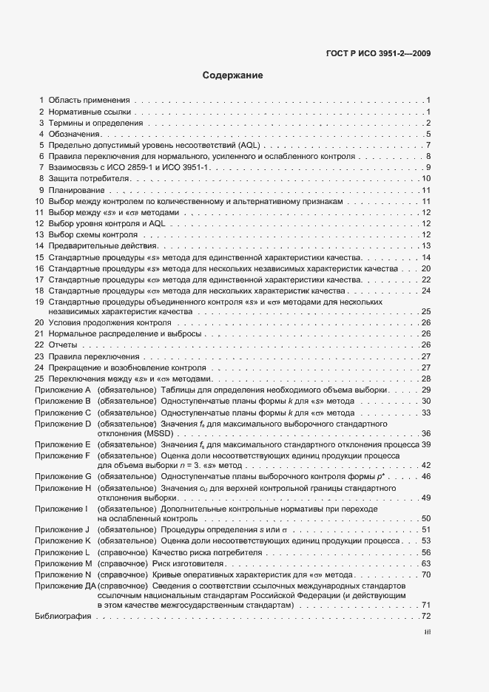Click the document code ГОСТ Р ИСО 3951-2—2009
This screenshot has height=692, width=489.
[378, 53]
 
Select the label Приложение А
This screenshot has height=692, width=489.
[62, 390]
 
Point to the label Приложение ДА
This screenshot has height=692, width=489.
[65, 585]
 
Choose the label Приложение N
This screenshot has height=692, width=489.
[62, 574]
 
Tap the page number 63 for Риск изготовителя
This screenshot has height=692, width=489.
[425, 563]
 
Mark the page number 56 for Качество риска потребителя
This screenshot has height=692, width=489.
[425, 552]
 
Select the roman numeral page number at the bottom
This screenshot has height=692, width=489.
[427, 632]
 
